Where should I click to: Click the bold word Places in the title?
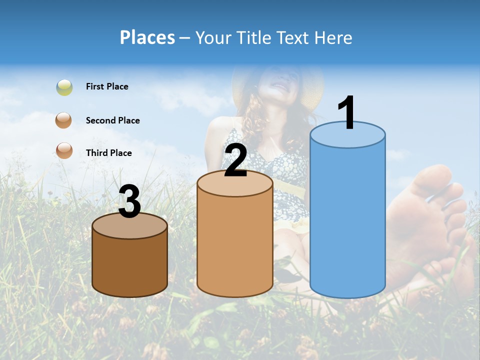147,37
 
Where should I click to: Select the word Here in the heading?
333,37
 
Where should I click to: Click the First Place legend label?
107,86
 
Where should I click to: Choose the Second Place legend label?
112,120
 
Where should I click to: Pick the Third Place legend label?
108,153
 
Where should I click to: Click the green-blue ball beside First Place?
64,87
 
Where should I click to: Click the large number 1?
346,113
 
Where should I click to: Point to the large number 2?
235,160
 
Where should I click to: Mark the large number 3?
130,201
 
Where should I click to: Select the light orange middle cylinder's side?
235,245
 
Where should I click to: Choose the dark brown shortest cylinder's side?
130,265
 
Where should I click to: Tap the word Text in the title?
298,37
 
